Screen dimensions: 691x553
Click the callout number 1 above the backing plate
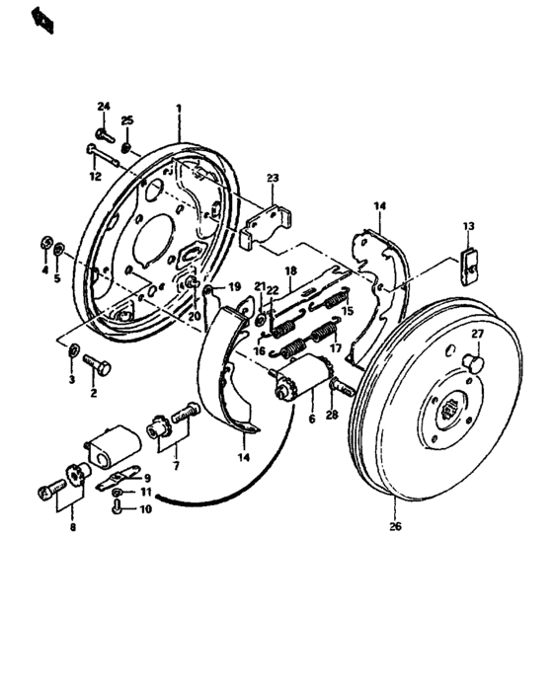179,108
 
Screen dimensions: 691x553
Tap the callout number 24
104,107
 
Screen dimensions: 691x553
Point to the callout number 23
273,179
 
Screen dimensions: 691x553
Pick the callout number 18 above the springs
291,270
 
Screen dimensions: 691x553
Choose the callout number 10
145,510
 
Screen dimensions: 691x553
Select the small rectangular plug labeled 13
472,264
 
